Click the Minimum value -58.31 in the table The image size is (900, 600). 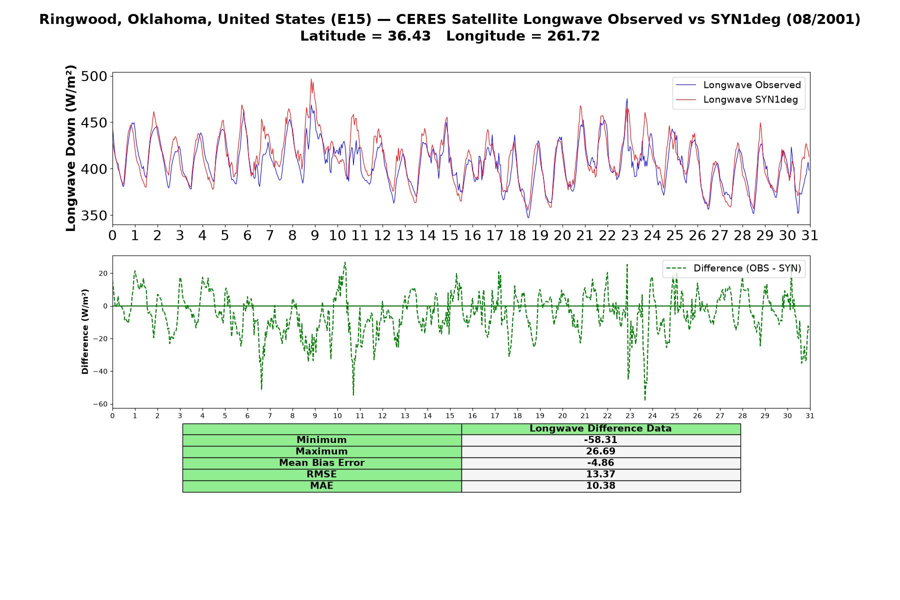[600, 440]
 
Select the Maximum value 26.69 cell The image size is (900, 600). [600, 451]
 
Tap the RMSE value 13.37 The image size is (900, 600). [600, 474]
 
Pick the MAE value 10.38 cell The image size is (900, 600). [600, 485]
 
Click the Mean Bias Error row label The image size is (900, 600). [321, 463]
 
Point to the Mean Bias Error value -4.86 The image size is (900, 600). [600, 463]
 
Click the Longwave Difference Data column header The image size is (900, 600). [600, 428]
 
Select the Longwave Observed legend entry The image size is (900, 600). [738, 85]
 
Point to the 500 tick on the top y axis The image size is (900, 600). [94, 76]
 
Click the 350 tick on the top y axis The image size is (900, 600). [94, 216]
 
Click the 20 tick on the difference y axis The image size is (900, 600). [103, 273]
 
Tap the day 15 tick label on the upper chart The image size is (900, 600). [449, 235]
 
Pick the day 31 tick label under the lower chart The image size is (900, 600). [810, 416]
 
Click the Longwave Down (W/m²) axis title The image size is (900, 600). [71, 148]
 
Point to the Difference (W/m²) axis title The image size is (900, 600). [85, 331]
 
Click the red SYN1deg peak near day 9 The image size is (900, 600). [311, 79]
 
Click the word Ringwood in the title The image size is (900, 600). [73, 19]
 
